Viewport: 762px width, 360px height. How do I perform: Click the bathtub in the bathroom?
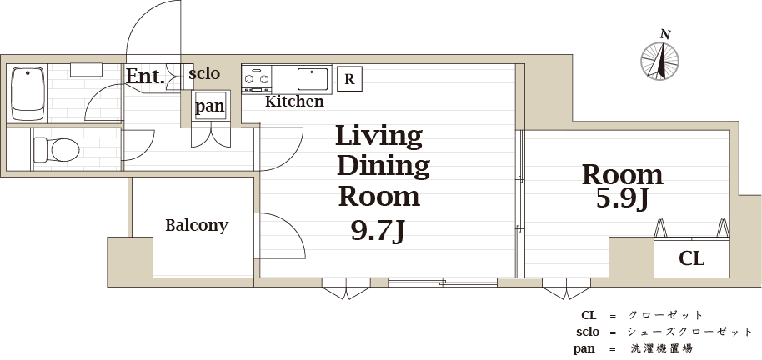(28, 94)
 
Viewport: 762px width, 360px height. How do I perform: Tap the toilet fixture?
(57, 149)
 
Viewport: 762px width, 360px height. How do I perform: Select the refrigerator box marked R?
(349, 78)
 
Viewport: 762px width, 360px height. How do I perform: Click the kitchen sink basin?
(313, 79)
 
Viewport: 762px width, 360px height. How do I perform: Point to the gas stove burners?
(256, 77)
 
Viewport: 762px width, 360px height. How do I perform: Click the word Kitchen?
(294, 102)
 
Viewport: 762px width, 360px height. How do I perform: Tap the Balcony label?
(197, 226)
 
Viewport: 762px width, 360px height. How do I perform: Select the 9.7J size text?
(378, 232)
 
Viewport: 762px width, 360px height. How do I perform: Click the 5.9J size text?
(623, 197)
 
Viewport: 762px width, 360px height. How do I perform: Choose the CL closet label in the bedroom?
(691, 259)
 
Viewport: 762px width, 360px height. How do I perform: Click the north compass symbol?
(659, 61)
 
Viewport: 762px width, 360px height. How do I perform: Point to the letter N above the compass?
(665, 34)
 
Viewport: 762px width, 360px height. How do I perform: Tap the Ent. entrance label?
(145, 77)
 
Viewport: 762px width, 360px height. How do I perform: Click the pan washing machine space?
(210, 106)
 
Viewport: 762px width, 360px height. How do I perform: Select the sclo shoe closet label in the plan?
(204, 74)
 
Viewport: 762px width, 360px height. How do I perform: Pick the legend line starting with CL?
(642, 315)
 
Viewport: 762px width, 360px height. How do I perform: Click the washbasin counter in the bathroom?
(86, 70)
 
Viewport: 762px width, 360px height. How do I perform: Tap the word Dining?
(383, 167)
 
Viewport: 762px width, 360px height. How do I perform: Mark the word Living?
(378, 137)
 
